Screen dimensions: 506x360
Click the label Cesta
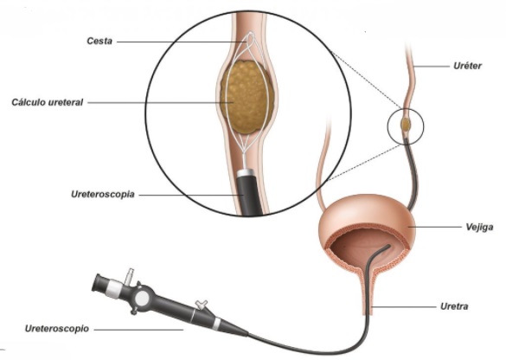coord(99,41)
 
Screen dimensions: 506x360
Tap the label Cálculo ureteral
coord(47,102)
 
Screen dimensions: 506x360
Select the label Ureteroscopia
coord(103,195)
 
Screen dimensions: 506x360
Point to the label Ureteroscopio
coord(57,329)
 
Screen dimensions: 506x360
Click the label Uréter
coord(467,66)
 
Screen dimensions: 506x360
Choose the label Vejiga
coord(479,227)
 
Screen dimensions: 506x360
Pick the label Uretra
coord(454,306)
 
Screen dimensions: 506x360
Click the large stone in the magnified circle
coord(247,97)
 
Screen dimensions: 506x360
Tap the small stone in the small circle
coord(406,124)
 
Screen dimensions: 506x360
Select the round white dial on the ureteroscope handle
coord(142,299)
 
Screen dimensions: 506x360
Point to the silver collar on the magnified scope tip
coord(247,173)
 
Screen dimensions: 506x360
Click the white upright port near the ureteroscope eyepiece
coord(130,275)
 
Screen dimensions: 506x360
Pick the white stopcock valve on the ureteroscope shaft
coord(202,304)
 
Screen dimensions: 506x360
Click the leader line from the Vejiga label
coord(435,227)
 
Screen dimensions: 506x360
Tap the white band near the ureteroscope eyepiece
coord(113,289)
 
